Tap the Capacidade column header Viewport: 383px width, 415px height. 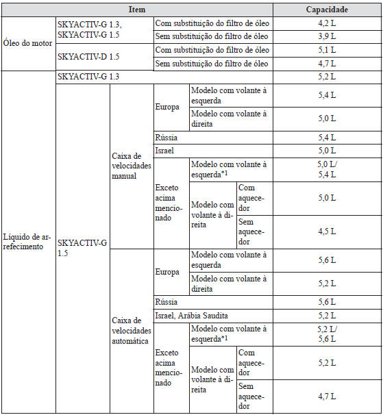(x=327, y=10)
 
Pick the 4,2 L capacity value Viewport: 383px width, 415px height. (x=327, y=23)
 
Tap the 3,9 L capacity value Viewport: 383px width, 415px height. (x=327, y=36)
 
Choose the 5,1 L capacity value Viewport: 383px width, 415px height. (x=327, y=50)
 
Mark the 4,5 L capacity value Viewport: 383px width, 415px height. (x=327, y=231)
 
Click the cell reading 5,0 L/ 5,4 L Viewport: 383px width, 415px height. (x=327, y=169)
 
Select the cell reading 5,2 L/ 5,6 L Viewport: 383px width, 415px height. (x=327, y=334)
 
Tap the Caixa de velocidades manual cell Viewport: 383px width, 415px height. (x=130, y=165)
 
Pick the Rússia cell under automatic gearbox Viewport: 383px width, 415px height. (x=167, y=301)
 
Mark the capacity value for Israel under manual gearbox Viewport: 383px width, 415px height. (x=327, y=150)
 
